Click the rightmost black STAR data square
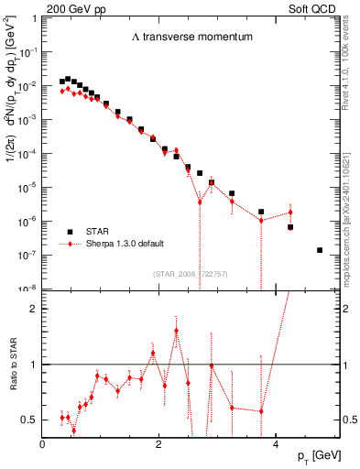320,250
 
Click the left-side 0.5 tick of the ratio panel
32,420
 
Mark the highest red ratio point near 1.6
176,331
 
